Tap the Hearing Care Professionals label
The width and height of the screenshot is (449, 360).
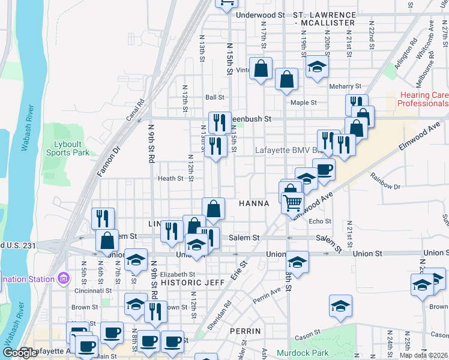pyautogui.click(x=423, y=99)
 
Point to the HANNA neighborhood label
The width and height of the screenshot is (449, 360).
pyautogui.click(x=254, y=203)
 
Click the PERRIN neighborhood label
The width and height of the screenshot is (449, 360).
pyautogui.click(x=245, y=331)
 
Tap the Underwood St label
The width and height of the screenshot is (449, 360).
pyautogui.click(x=261, y=14)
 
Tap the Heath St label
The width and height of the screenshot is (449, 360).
pyautogui.click(x=170, y=178)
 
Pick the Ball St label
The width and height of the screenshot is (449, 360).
pyautogui.click(x=214, y=97)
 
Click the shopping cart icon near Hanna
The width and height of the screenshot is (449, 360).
pyautogui.click(x=292, y=203)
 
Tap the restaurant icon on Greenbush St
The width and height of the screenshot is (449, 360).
pyautogui.click(x=220, y=123)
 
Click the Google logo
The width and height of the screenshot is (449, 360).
pyautogui.click(x=20, y=352)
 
